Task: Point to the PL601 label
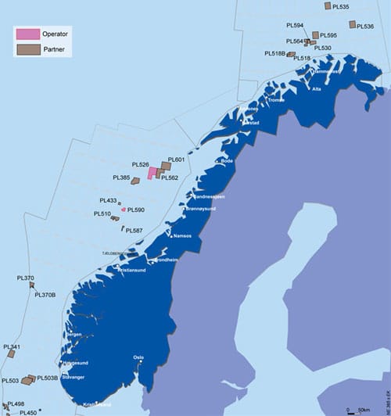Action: (x=176, y=160)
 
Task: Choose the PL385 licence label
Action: (x=120, y=178)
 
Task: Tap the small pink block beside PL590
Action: (x=124, y=210)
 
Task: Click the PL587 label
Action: (x=134, y=231)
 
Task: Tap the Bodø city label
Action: (x=228, y=161)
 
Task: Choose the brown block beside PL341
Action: (x=11, y=354)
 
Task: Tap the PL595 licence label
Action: (x=328, y=35)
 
